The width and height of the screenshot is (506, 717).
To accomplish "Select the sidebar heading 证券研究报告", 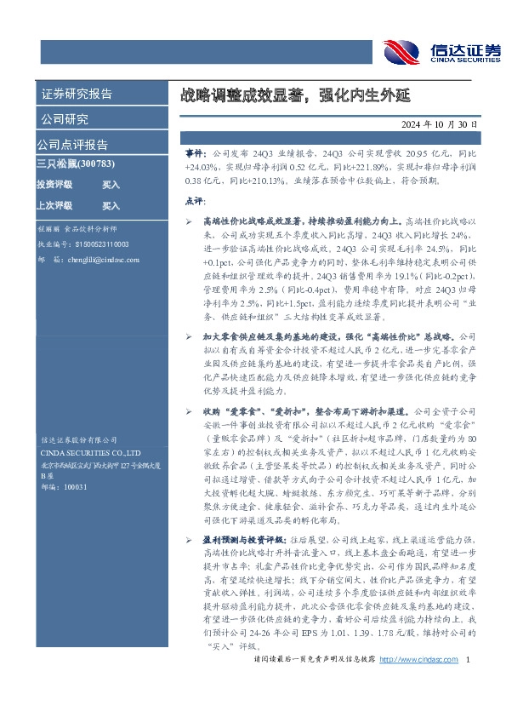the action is (x=77, y=94).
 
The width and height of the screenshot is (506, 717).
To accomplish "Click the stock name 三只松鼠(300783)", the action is (x=76, y=163).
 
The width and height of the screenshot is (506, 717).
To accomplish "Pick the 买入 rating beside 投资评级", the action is (x=111, y=184).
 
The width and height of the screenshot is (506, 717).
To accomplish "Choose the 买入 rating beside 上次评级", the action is (x=111, y=205).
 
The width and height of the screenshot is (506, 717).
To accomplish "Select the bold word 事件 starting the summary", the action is (x=195, y=151).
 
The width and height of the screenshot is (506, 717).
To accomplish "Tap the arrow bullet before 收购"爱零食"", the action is (x=190, y=385).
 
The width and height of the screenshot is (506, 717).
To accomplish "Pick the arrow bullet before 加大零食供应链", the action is (x=190, y=313).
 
